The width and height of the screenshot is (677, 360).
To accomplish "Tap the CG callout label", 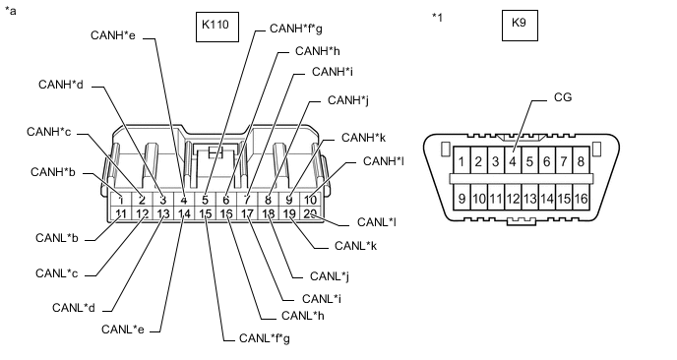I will [x=563, y=97].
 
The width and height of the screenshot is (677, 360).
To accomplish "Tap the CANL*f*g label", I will [x=265, y=337].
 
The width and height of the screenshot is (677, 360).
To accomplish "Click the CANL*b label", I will [x=56, y=237].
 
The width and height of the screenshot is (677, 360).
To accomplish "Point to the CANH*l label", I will [x=384, y=161].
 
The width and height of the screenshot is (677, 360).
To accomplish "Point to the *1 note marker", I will [x=437, y=18].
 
